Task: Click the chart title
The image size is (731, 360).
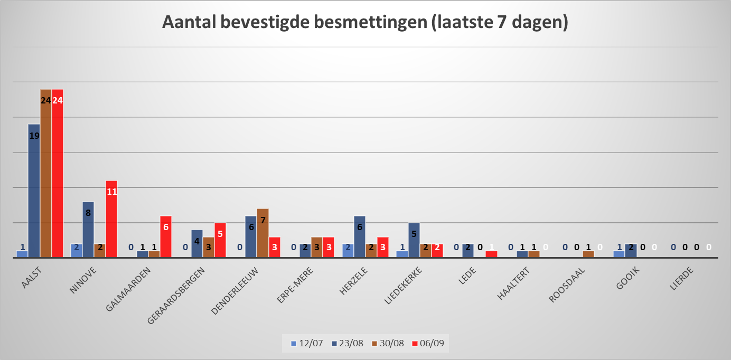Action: click(364, 23)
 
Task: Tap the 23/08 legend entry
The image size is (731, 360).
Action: click(346, 343)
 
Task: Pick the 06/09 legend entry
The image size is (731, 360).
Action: click(429, 343)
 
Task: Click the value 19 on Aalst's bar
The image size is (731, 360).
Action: click(34, 136)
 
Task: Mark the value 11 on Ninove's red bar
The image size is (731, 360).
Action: click(111, 192)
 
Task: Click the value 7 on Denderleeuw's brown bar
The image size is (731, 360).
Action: click(263, 220)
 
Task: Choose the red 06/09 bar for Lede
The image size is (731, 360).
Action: click(491, 254)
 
